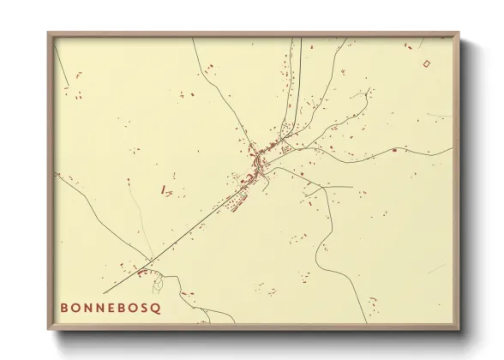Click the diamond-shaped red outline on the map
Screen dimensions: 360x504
(x=427, y=63)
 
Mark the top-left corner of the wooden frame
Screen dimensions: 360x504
(x=49, y=33)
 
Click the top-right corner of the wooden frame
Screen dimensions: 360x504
(x=461, y=33)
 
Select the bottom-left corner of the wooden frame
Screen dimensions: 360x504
(x=49, y=328)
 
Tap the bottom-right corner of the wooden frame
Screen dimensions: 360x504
(x=461, y=328)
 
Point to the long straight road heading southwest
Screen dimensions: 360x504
(x=189, y=226)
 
